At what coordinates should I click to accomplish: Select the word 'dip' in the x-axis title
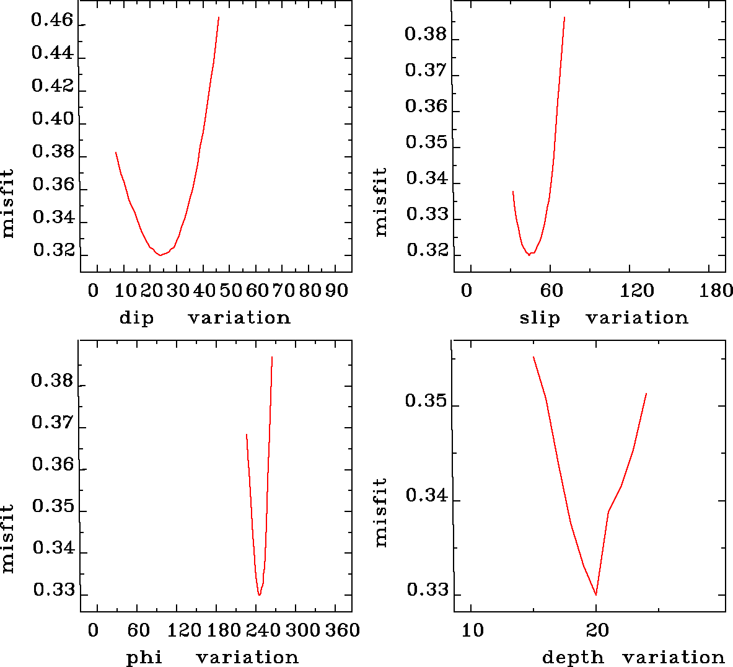point(136,318)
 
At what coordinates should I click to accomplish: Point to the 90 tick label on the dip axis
point(336,291)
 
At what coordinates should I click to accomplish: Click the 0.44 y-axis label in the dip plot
point(52,53)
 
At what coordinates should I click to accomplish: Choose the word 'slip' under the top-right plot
point(540,318)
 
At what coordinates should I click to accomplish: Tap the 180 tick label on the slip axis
point(717,291)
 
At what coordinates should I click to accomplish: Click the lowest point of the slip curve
point(529,255)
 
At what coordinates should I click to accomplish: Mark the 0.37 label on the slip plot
point(426,70)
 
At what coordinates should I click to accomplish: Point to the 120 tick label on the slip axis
point(637,291)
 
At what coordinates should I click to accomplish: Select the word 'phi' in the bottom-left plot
point(144,657)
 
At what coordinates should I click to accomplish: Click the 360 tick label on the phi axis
point(342,630)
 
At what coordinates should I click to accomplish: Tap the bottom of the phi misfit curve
point(259,595)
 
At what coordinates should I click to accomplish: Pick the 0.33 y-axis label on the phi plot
point(54,590)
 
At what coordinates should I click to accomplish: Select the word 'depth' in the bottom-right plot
point(573,657)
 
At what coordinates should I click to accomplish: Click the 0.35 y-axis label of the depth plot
point(426,400)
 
